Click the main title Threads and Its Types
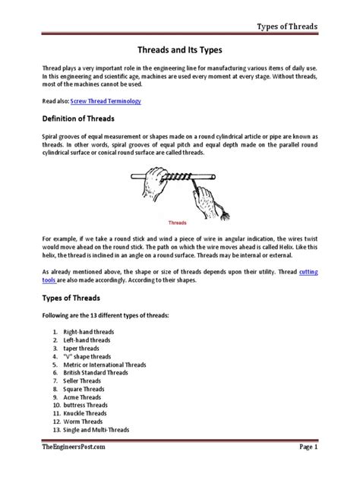[180, 48]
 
